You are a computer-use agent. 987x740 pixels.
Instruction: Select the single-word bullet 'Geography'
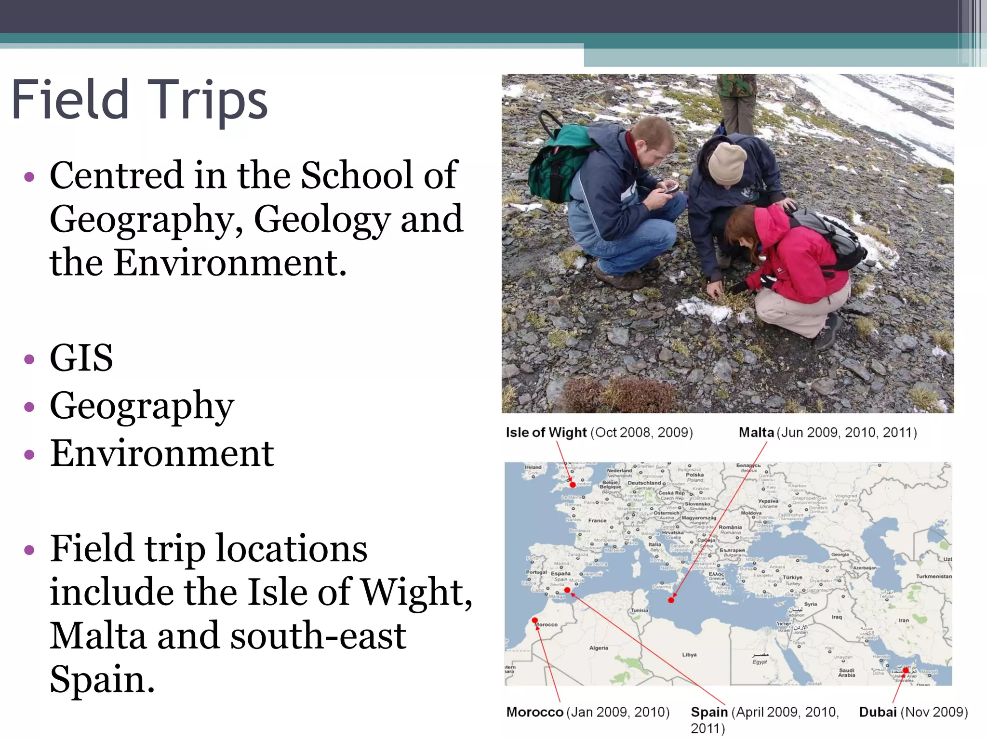(x=142, y=406)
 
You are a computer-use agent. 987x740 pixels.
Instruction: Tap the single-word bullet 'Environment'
(x=162, y=453)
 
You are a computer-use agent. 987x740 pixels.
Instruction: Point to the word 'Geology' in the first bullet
(x=322, y=219)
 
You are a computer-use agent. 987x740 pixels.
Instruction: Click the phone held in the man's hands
(x=671, y=189)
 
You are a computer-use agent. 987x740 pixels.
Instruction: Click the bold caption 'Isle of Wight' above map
(x=546, y=432)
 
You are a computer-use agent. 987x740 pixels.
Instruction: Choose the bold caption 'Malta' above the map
(x=756, y=432)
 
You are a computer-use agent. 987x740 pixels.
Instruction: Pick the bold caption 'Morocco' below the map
(x=534, y=712)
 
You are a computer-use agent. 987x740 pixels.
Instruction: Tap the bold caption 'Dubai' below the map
(x=878, y=712)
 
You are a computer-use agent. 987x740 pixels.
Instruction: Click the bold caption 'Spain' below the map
(x=709, y=712)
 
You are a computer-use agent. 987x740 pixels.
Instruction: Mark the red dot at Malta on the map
(x=671, y=600)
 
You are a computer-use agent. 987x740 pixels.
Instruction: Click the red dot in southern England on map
(x=573, y=485)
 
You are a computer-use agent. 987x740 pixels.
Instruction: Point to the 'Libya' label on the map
(x=689, y=655)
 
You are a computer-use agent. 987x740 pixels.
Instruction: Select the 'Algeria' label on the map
(x=599, y=648)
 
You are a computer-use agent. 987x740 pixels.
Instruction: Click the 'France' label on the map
(x=597, y=520)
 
